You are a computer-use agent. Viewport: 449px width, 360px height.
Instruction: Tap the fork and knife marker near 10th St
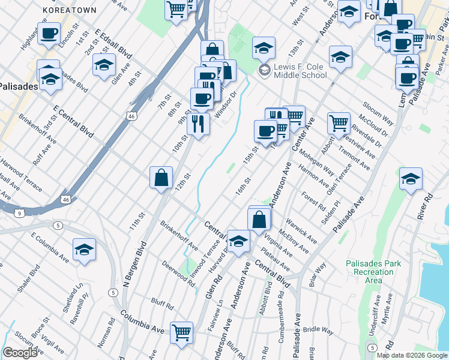click(197, 124)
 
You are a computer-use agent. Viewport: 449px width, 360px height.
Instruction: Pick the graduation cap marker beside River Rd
click(411, 179)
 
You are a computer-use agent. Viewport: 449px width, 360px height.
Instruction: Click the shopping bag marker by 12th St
click(161, 178)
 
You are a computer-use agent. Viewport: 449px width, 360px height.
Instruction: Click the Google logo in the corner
click(20, 352)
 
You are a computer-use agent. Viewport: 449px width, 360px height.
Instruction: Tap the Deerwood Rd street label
click(178, 274)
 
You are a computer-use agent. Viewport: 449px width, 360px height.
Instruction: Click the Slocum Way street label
click(377, 112)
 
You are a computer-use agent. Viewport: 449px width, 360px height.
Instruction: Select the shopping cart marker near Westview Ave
click(339, 123)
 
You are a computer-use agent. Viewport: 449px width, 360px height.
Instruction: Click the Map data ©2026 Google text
click(412, 355)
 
